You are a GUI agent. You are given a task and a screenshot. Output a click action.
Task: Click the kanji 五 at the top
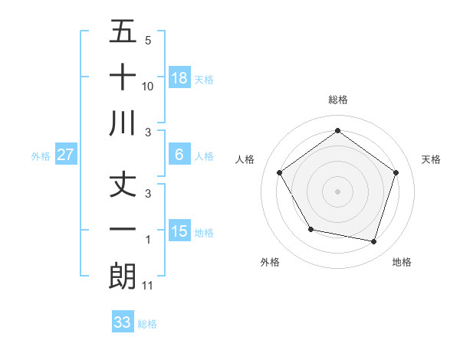pyautogui.click(x=123, y=32)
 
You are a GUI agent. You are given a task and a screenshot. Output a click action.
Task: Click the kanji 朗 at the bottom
pyautogui.click(x=123, y=276)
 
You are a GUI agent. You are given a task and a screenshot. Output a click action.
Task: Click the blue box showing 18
pyautogui.click(x=179, y=77)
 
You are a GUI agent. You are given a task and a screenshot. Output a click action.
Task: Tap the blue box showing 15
pyautogui.click(x=179, y=231)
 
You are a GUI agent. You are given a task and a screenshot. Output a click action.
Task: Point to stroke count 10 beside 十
pyautogui.click(x=148, y=87)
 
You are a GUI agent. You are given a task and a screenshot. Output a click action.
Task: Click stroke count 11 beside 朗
pyautogui.click(x=148, y=286)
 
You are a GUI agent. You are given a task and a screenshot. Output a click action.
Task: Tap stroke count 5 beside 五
pyautogui.click(x=148, y=41)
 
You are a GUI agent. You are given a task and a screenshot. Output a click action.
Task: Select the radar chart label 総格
pyautogui.click(x=337, y=100)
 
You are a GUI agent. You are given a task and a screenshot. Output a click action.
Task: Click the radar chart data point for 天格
pyautogui.click(x=396, y=172)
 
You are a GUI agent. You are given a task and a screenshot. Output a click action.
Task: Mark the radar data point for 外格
pyautogui.click(x=310, y=229)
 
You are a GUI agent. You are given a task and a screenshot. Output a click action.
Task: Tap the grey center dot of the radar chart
pyautogui.click(x=337, y=191)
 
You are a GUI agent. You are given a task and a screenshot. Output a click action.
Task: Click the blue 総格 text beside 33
pyautogui.click(x=148, y=324)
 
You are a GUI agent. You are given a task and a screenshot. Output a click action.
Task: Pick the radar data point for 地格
pyautogui.click(x=374, y=241)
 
